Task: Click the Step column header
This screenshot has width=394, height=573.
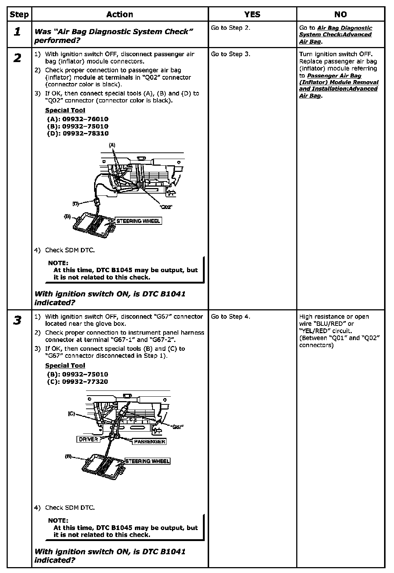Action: point(19,14)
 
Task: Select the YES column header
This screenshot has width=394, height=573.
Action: point(252,14)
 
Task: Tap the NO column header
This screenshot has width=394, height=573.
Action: point(340,14)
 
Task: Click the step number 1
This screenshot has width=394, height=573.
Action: point(17,32)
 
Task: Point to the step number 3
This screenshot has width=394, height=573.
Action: point(17,320)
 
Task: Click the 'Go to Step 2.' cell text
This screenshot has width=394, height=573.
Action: point(230,28)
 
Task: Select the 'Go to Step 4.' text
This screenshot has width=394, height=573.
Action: point(230,317)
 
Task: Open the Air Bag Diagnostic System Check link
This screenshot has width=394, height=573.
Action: point(335,35)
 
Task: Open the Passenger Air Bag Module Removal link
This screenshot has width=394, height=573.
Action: point(338,82)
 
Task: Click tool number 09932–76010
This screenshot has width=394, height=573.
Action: point(85,119)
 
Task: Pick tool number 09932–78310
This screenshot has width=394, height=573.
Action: point(86,133)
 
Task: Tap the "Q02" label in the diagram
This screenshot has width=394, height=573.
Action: point(166,207)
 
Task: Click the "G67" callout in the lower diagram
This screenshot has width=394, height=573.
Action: point(178,427)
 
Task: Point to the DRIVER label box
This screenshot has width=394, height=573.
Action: point(88,439)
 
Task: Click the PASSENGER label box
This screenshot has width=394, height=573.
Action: point(149,442)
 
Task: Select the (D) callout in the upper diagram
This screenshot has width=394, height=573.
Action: point(76,203)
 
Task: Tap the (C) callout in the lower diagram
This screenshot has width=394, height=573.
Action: point(71,414)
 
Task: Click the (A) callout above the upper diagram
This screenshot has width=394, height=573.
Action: point(112,145)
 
